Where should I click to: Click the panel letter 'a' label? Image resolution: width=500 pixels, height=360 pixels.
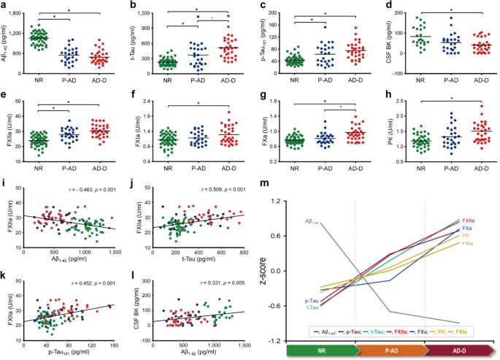coord(4,7)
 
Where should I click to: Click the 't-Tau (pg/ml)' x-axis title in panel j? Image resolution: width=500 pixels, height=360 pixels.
coord(204,261)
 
